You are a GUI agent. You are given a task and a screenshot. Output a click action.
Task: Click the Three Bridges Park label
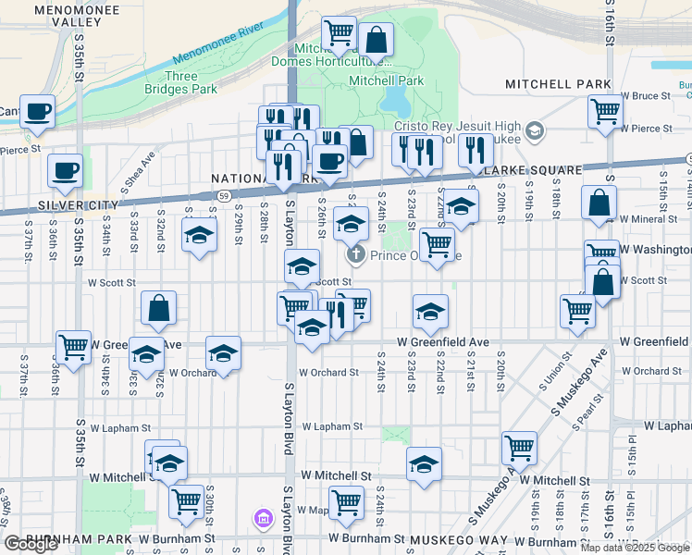point(180,82)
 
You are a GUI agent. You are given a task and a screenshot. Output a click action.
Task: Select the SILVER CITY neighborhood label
point(40,204)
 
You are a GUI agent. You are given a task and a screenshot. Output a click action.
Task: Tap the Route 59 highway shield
point(224,196)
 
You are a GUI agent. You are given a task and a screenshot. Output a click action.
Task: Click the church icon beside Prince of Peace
point(353,254)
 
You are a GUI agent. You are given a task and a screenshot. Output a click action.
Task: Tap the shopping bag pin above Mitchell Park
point(377,41)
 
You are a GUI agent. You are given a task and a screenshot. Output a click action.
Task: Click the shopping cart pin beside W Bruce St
point(605,110)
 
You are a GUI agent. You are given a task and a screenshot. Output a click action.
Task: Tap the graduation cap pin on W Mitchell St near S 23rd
point(424,464)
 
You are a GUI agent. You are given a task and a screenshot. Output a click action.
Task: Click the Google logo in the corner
point(31,544)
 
